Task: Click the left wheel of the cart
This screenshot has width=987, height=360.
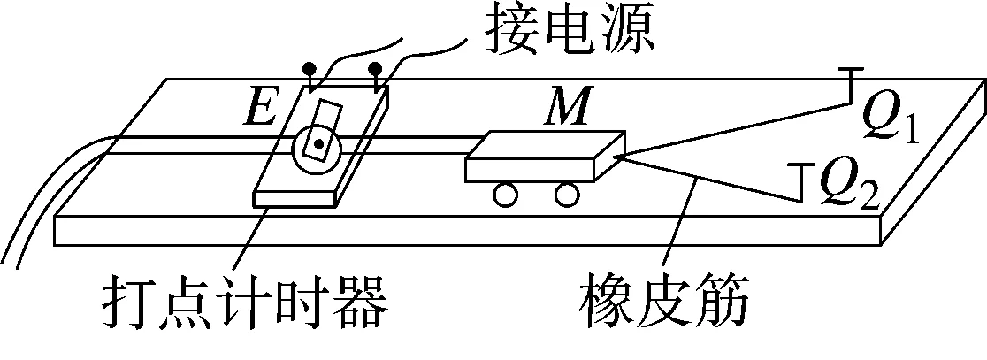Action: click(x=506, y=195)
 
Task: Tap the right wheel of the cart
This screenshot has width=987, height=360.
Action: click(x=567, y=195)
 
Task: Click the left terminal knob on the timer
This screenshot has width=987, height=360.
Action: click(x=309, y=68)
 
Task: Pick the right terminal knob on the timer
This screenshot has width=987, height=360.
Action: click(x=377, y=68)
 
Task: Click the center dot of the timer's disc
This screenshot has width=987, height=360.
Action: click(x=320, y=142)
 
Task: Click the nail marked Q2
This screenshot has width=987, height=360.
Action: click(x=800, y=182)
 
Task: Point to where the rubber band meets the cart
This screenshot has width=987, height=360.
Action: click(x=621, y=156)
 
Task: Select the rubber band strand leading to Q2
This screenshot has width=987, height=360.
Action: click(x=711, y=180)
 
